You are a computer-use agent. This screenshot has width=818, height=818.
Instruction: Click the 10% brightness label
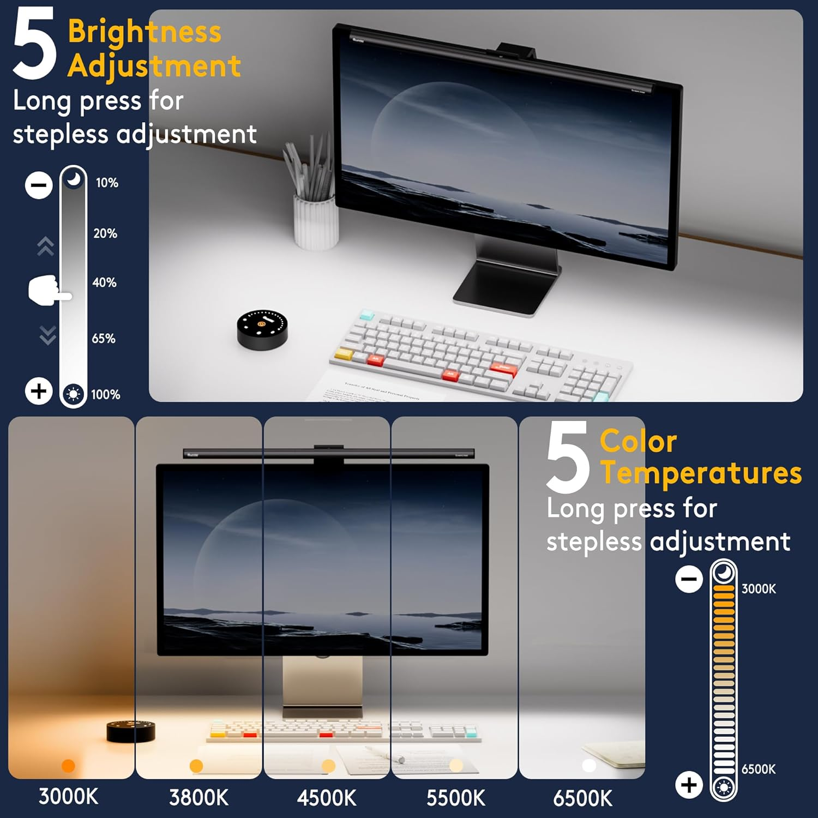tap(107, 183)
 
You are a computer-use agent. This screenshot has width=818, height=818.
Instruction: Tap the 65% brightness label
tap(104, 339)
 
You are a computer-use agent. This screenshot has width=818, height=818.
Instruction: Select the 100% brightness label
tap(105, 394)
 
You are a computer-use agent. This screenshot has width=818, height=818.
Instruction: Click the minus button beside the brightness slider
tap(39, 185)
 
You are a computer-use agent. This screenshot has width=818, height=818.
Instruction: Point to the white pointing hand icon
tap(48, 291)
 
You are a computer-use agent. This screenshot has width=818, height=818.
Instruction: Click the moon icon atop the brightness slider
tap(74, 178)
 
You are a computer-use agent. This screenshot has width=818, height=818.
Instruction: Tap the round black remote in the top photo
tap(262, 329)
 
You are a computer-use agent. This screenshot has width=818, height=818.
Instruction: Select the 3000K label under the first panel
tap(69, 797)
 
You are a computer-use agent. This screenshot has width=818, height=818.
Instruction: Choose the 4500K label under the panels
tap(327, 798)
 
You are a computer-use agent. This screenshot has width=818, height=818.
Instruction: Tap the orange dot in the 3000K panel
tap(68, 766)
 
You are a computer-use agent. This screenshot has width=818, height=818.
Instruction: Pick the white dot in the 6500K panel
tap(589, 766)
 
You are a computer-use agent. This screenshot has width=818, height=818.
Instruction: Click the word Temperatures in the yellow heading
tap(701, 473)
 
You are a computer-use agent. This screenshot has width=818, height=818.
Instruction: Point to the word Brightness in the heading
tap(145, 31)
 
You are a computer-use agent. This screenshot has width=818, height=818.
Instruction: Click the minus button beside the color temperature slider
tap(689, 579)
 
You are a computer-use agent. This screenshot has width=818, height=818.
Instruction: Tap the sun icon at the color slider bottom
tap(724, 787)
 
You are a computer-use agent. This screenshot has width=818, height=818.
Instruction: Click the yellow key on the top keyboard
tap(344, 353)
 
